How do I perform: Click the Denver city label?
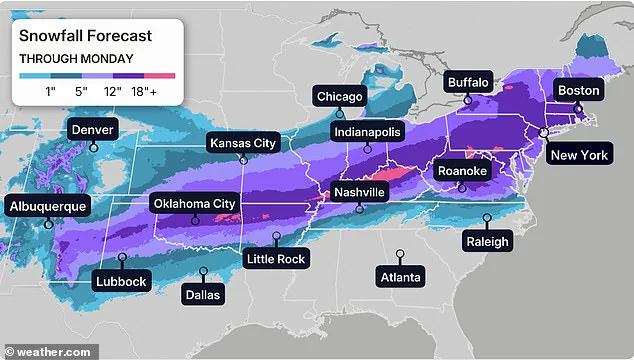[x=93, y=129]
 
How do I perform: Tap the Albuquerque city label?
[x=49, y=206]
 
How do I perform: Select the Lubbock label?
[x=121, y=281]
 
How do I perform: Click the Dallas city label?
[x=204, y=294]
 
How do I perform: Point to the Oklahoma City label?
[x=195, y=204]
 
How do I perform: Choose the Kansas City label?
[x=242, y=143]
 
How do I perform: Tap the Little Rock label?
[x=277, y=259]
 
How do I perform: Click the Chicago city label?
[x=339, y=96]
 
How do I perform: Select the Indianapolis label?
[x=367, y=131]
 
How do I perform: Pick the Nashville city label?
[x=359, y=191]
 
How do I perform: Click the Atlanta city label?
[x=400, y=276]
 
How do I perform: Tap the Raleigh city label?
[x=487, y=241]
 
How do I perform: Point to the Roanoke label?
[x=463, y=171]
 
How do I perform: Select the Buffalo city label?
[x=468, y=82]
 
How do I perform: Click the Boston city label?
[x=578, y=90]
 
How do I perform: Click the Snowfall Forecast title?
[x=86, y=35]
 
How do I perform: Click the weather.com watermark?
[x=48, y=352]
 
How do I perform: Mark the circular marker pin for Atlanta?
[x=400, y=254]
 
